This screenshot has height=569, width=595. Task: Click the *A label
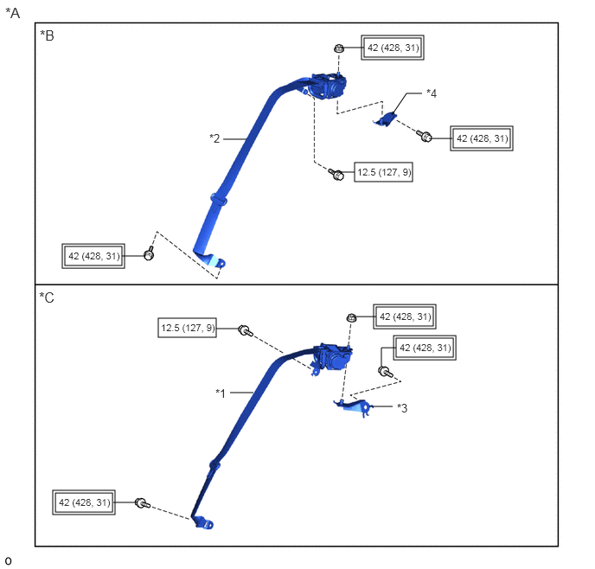coord(12,13)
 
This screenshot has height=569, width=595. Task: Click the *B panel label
coord(47,35)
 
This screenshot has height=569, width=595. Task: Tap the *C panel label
coord(47,297)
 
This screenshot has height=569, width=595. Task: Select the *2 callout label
coord(214,138)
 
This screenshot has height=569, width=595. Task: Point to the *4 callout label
coord(432,93)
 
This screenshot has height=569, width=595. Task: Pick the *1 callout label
coord(221,393)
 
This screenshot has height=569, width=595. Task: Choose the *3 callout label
coord(402,408)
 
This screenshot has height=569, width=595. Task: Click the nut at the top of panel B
coord(339,48)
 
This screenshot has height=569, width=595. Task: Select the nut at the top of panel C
coord(351,317)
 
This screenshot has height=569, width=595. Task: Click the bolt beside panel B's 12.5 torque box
coord(336,175)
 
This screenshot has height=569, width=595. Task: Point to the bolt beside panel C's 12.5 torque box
coord(245,331)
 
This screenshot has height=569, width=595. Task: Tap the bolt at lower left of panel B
coord(149,253)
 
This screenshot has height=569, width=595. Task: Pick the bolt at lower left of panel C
coord(143,503)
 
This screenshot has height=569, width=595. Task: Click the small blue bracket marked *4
coord(386,119)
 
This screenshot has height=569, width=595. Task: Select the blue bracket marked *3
coord(354,406)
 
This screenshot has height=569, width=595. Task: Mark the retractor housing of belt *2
coord(329,86)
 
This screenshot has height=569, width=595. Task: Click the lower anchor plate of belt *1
coord(203,522)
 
